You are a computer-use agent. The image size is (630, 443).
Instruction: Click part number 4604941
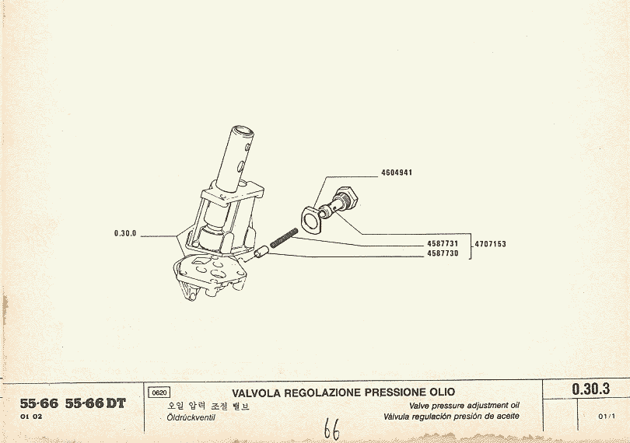397,173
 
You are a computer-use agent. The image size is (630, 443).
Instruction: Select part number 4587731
443,244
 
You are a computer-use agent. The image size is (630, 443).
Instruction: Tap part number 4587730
443,253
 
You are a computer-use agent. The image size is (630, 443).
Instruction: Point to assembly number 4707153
491,244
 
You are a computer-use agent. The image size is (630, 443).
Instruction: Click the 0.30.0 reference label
125,233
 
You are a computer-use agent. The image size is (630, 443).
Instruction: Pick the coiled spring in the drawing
284,238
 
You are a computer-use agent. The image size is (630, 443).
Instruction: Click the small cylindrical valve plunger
261,253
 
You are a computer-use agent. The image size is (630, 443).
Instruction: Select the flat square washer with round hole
313,219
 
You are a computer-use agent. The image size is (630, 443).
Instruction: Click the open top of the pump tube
243,131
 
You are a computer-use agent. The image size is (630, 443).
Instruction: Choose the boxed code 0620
159,392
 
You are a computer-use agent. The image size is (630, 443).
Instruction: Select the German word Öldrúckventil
191,417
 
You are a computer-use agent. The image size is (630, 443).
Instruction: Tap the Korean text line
208,406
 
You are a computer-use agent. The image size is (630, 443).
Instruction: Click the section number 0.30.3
590,389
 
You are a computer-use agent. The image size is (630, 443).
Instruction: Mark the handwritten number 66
332,429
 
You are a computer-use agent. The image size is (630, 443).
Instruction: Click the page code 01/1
607,417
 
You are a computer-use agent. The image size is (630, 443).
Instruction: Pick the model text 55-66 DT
96,403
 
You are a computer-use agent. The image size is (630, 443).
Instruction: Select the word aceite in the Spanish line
507,416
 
